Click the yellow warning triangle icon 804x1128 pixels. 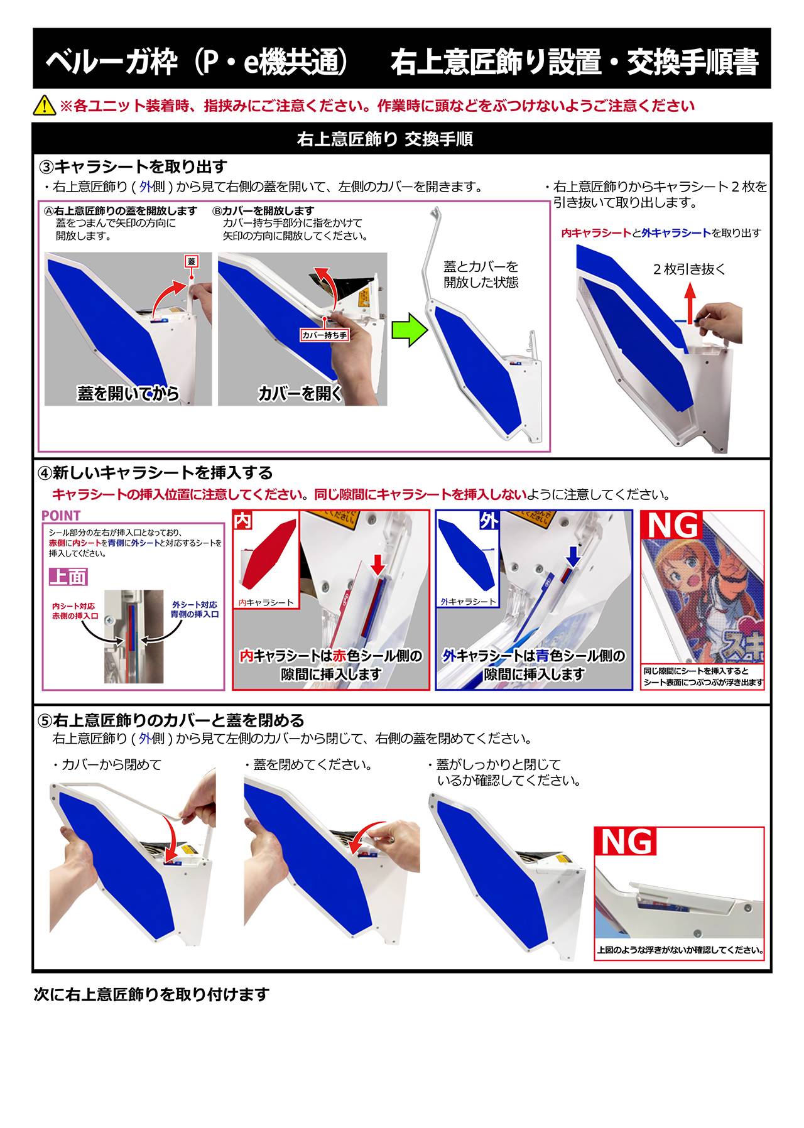pyautogui.click(x=45, y=105)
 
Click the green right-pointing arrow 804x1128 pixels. pyautogui.click(x=409, y=330)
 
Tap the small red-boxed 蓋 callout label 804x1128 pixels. pyautogui.click(x=192, y=261)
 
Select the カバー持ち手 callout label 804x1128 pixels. pyautogui.click(x=324, y=335)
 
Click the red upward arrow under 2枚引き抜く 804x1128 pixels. pyautogui.click(x=690, y=303)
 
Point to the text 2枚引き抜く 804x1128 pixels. pyautogui.click(x=689, y=269)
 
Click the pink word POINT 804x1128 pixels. pyautogui.click(x=61, y=516)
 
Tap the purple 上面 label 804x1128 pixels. pyautogui.click(x=68, y=577)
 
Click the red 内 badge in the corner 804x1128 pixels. pyautogui.click(x=242, y=521)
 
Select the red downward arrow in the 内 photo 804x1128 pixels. pyautogui.click(x=377, y=563)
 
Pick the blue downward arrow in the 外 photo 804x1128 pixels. pyautogui.click(x=573, y=556)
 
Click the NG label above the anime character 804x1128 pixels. pyautogui.click(x=673, y=526)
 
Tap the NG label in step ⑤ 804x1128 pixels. pyautogui.click(x=626, y=842)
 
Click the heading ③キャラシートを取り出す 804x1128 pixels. pyautogui.click(x=133, y=167)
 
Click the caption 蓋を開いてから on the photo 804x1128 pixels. pyautogui.click(x=128, y=394)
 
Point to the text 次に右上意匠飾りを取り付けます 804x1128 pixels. pyautogui.click(x=151, y=994)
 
